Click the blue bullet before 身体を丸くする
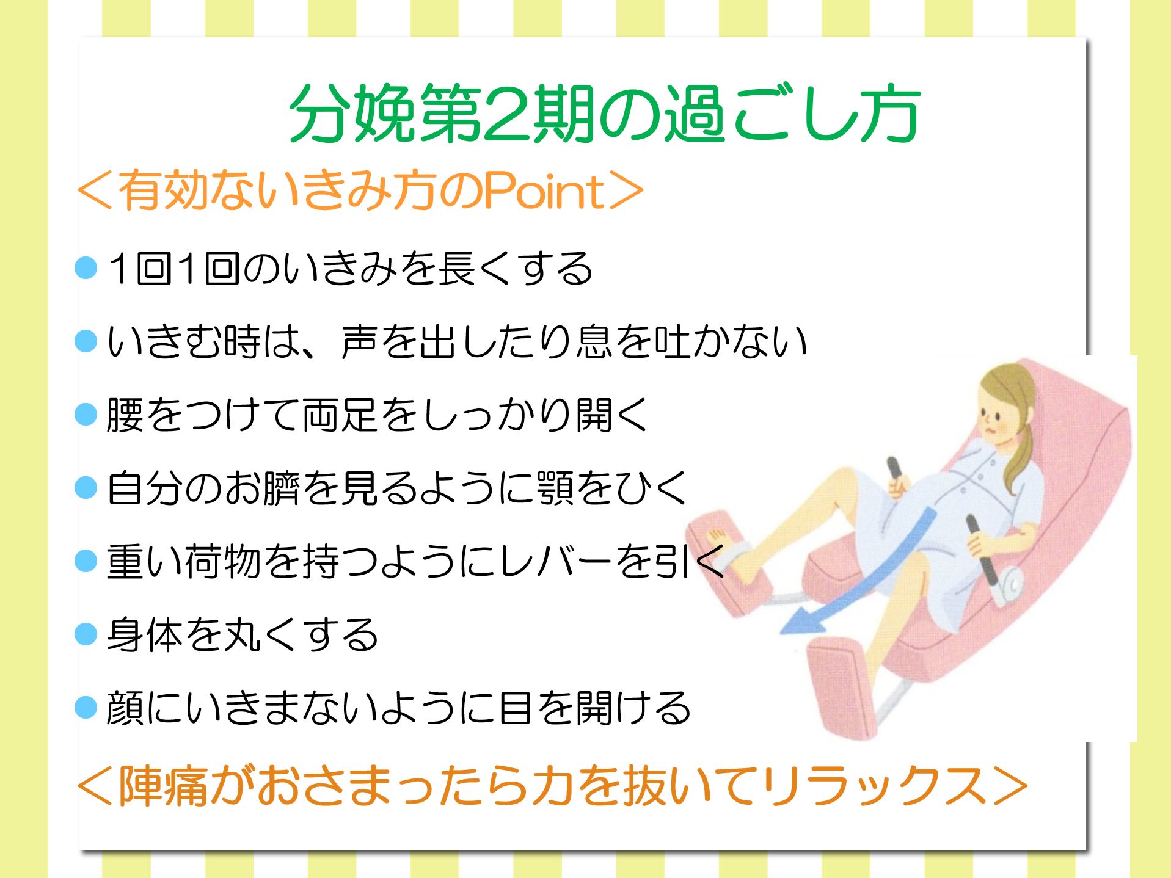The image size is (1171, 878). point(86,634)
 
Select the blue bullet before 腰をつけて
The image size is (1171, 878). point(86,414)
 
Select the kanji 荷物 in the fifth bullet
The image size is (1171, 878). point(223,561)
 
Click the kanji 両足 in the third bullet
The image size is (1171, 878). point(340,414)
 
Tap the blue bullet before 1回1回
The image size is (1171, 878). point(86,267)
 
